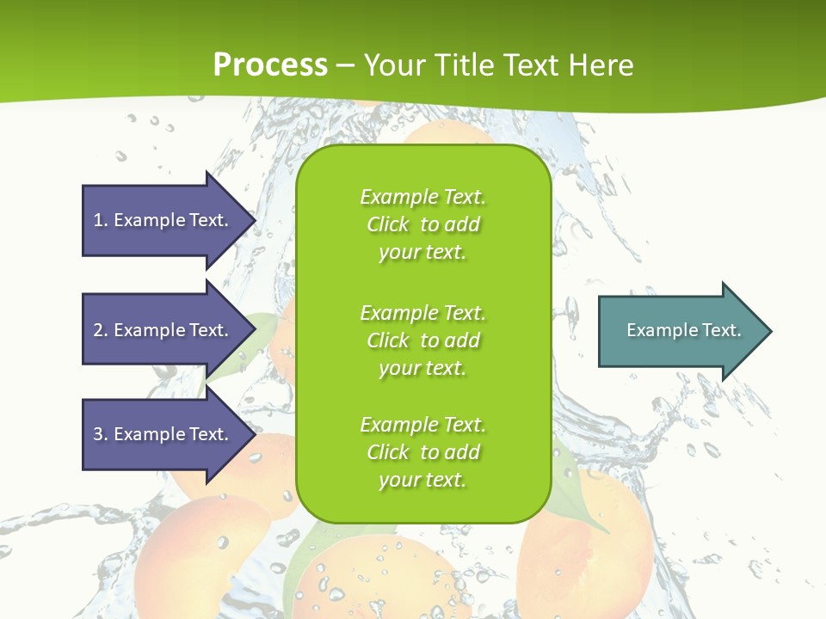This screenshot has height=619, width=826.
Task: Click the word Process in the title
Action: (x=270, y=65)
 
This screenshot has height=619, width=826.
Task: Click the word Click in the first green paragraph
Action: (x=388, y=224)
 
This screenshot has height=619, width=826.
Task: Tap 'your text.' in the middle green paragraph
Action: (x=422, y=368)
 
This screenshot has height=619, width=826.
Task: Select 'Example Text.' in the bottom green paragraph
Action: (x=422, y=425)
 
